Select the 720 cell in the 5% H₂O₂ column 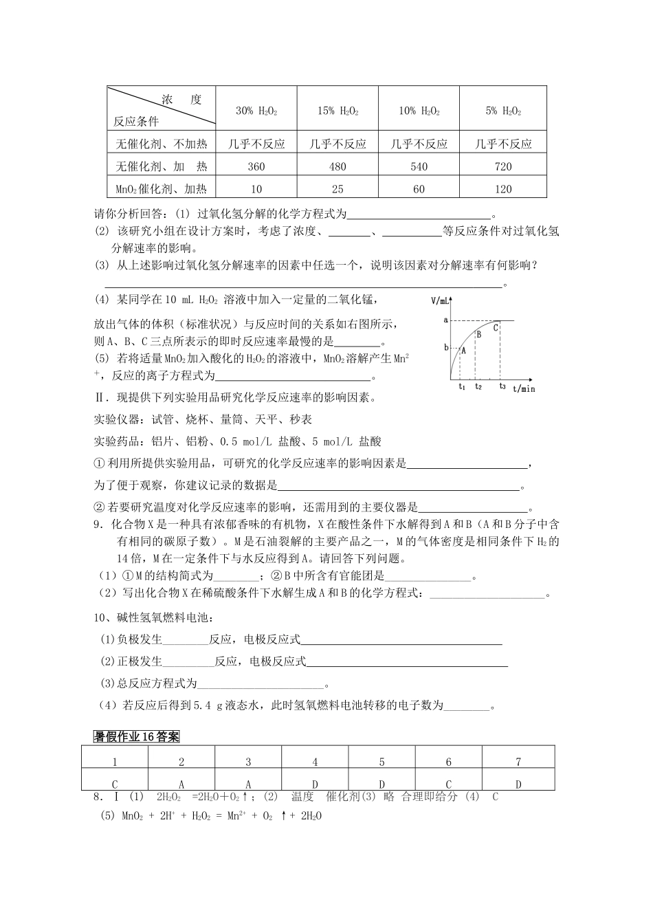tap(503, 166)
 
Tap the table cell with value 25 tap(337, 189)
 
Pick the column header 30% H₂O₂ tap(256, 111)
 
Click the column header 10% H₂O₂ tap(419, 111)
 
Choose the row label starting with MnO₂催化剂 tap(162, 189)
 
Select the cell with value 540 tap(419, 166)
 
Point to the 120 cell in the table tap(503, 189)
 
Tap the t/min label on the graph tap(524, 389)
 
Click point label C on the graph tap(495, 328)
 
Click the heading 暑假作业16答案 tap(137, 737)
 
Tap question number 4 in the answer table tap(315, 762)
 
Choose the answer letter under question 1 tap(115, 784)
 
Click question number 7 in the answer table tap(518, 762)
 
